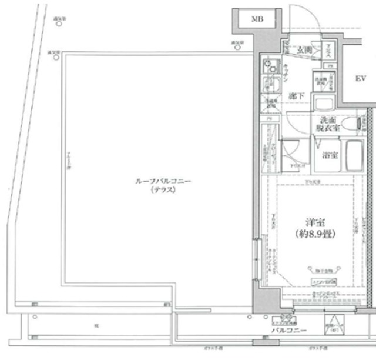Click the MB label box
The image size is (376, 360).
tap(257, 19)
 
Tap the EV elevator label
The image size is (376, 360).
tap(360, 78)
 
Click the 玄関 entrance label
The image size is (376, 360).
tap(303, 49)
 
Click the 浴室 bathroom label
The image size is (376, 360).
tap(330, 155)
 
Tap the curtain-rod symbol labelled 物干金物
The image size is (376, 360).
tap(320, 271)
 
